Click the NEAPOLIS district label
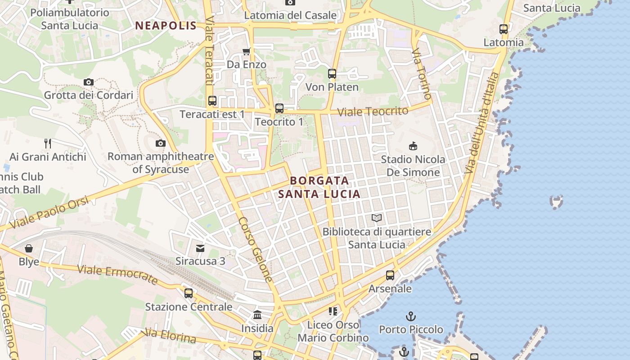click(166, 26)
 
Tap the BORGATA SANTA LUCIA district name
click(319, 187)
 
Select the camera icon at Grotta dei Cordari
click(89, 82)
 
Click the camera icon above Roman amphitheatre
click(160, 144)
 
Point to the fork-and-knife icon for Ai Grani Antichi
click(48, 144)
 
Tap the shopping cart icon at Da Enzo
click(246, 51)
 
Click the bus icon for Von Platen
click(332, 74)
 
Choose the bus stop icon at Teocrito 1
click(279, 108)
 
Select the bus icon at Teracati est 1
click(212, 101)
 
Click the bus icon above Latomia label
click(504, 29)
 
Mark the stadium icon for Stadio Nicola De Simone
click(413, 146)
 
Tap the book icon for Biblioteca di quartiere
click(377, 218)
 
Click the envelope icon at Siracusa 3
click(200, 248)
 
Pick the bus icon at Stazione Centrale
click(189, 293)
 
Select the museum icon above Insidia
click(257, 315)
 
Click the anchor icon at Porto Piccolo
click(410, 316)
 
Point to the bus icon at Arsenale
click(390, 275)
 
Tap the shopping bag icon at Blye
click(29, 248)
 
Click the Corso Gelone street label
click(256, 250)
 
